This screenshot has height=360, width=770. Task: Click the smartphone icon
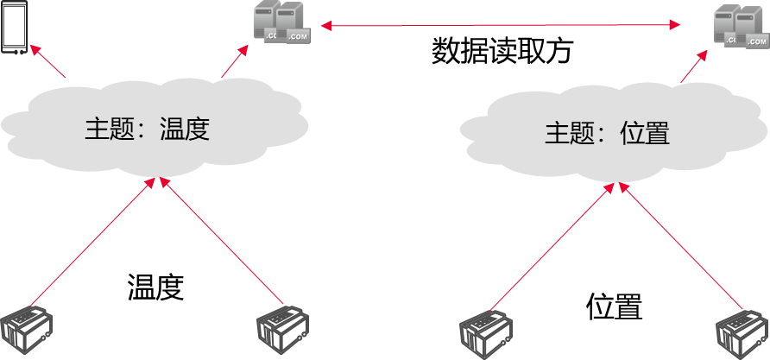point(15,27)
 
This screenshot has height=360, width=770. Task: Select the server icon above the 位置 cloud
point(741,26)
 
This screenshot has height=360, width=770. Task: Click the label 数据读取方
point(502,51)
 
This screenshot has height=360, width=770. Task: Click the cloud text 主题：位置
point(607,133)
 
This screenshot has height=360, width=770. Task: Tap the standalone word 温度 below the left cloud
point(155,287)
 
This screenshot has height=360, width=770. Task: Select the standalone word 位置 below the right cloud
point(615,306)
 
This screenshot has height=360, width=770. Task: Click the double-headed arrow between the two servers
point(501,25)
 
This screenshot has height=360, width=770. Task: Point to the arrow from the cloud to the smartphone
point(47,61)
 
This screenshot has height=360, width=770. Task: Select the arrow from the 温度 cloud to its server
point(235,61)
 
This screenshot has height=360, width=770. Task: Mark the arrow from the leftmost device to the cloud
point(93,242)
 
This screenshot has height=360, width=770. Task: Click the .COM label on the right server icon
point(757,41)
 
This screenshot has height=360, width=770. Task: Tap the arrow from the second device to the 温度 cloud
point(222,241)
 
